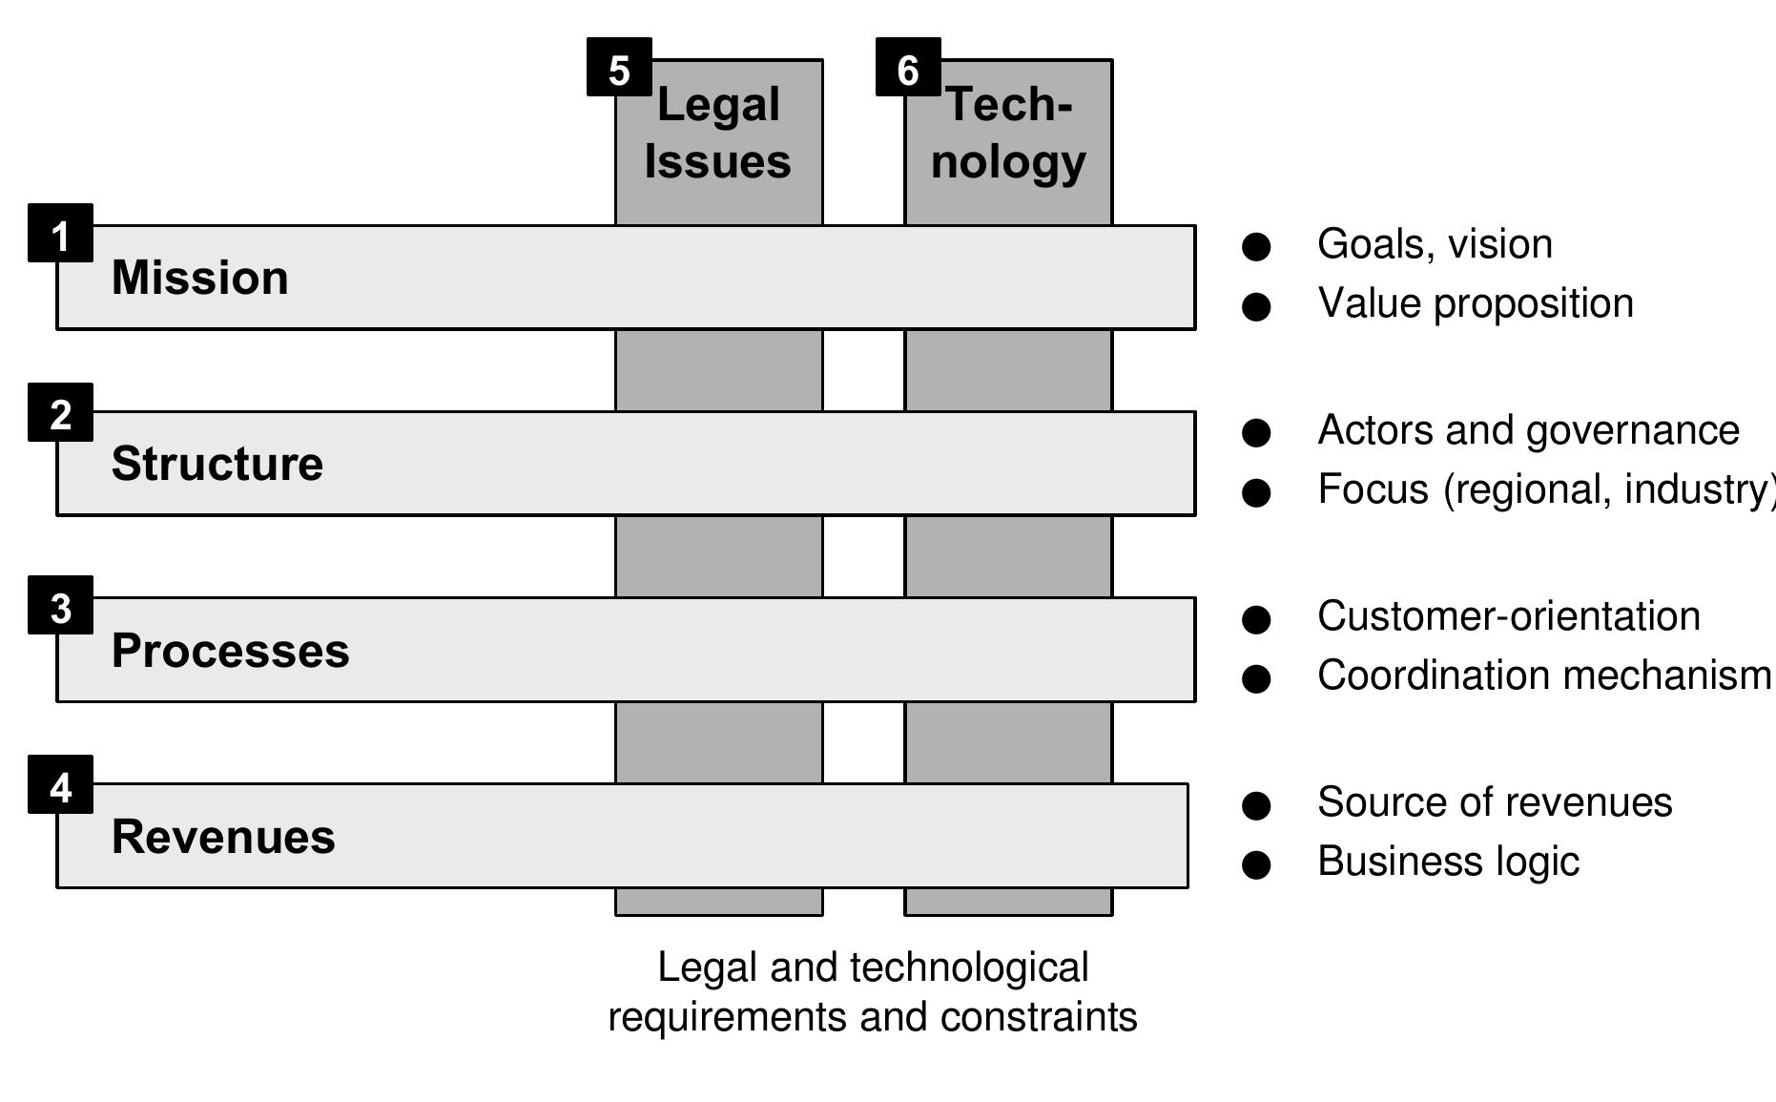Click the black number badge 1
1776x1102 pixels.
pyautogui.click(x=60, y=233)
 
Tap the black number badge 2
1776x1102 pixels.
pyautogui.click(x=60, y=412)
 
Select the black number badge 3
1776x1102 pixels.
pyautogui.click(x=60, y=605)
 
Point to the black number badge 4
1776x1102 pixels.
pyautogui.click(x=60, y=784)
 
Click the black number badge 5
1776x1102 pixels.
pyautogui.click(x=619, y=68)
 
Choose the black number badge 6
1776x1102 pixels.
pyautogui.click(x=908, y=68)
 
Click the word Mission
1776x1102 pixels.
pyautogui.click(x=199, y=278)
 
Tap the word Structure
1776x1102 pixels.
pyautogui.click(x=217, y=464)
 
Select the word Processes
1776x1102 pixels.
pyautogui.click(x=230, y=651)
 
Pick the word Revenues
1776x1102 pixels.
pyautogui.click(x=223, y=837)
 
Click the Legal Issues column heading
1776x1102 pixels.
pyautogui.click(x=718, y=133)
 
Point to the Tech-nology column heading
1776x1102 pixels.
pyautogui.click(x=1008, y=133)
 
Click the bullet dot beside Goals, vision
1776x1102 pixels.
pyautogui.click(x=1256, y=247)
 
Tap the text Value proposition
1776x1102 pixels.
pyautogui.click(x=1475, y=303)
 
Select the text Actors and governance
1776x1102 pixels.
pyautogui.click(x=1528, y=430)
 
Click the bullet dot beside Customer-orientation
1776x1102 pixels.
pyautogui.click(x=1256, y=619)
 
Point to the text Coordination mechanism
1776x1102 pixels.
pyautogui.click(x=1543, y=676)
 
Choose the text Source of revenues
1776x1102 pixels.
pyautogui.click(x=1494, y=802)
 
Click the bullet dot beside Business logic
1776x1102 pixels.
pyautogui.click(x=1256, y=864)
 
